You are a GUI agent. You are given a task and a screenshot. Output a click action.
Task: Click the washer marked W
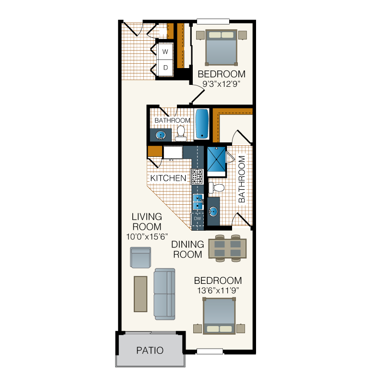click(x=165, y=51)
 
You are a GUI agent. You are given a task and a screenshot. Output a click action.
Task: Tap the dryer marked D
click(x=165, y=68)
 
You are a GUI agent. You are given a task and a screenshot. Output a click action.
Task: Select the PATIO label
click(x=150, y=351)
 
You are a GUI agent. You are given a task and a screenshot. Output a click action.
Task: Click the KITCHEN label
click(x=168, y=178)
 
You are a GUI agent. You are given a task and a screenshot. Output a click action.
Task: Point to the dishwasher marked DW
click(x=198, y=219)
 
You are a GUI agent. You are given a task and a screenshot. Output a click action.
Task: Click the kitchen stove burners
click(x=197, y=177)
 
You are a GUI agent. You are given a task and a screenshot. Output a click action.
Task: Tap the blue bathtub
click(x=202, y=124)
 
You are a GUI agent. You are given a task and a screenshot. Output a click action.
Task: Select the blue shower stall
click(x=216, y=159)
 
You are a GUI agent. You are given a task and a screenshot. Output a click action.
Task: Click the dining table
click(x=227, y=248)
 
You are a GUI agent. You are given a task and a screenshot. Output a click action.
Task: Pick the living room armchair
click(x=140, y=257)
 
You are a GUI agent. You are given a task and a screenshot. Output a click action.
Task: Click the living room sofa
click(x=164, y=294)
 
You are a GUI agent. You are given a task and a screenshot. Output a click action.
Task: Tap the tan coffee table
click(x=140, y=294)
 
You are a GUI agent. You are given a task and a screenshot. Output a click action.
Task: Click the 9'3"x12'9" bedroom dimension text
click(x=221, y=84)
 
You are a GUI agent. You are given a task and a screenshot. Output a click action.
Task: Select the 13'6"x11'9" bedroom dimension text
click(x=218, y=291)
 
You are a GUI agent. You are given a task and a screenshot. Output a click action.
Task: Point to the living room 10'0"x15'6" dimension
click(x=147, y=236)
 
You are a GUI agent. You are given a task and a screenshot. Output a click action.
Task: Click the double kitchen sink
click(x=198, y=202)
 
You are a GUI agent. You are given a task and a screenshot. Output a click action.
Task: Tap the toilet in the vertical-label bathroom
click(x=217, y=187)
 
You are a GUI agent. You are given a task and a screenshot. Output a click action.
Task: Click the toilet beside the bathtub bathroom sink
click(x=181, y=134)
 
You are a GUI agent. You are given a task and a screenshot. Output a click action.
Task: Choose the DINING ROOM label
click(x=187, y=249)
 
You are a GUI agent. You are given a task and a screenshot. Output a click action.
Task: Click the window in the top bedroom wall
click(x=213, y=22)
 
